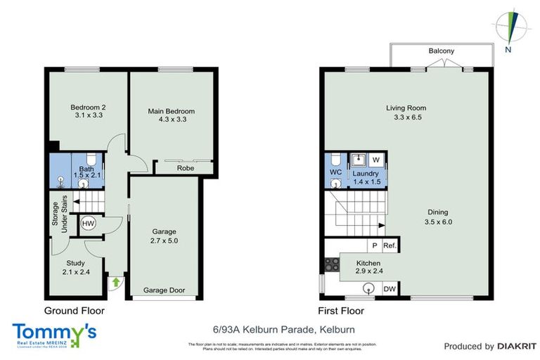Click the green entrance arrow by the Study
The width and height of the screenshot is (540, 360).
pos(115,283)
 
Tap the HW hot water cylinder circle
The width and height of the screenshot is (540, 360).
pos(88,224)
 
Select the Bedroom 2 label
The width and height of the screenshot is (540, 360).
pos(88,108)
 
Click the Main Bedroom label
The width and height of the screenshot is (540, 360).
pos(171,111)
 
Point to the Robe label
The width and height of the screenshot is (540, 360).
pos(185,169)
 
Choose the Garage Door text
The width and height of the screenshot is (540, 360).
pos(165,290)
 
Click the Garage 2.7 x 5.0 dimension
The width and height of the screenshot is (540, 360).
pos(165,240)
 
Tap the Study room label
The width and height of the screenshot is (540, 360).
pos(76,264)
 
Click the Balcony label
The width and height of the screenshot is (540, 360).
pos(442,51)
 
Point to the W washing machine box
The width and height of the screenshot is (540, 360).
pos(375,159)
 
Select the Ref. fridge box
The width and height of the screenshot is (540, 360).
pos(390,246)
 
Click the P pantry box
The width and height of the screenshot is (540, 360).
pos(375,246)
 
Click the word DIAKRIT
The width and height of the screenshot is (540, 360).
pos(517,346)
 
